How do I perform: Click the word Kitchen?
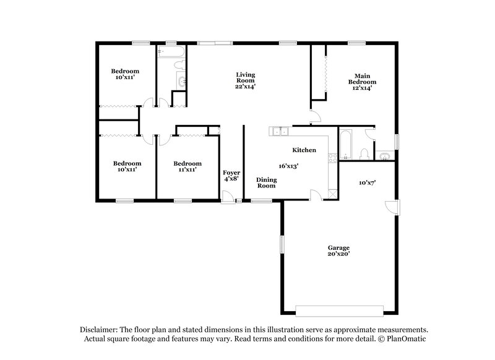point(304,150)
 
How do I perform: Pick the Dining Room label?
point(266,182)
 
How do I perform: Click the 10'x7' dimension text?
point(368,182)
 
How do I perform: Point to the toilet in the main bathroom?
point(365,153)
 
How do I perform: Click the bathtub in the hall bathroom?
point(168,54)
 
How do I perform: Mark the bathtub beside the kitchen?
point(345,144)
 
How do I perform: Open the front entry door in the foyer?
point(228,198)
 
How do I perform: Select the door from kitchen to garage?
point(316,195)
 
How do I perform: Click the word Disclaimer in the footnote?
point(99,330)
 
